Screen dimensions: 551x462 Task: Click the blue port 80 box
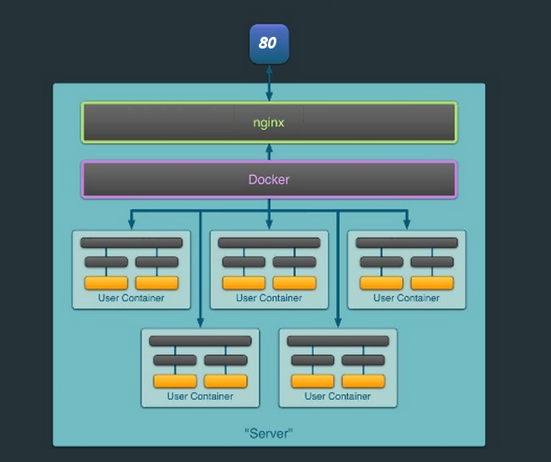pyautogui.click(x=269, y=44)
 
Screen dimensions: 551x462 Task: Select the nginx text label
pyautogui.click(x=269, y=123)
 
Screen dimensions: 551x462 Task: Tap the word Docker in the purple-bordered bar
pyautogui.click(x=269, y=180)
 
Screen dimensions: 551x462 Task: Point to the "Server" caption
pyautogui.click(x=269, y=434)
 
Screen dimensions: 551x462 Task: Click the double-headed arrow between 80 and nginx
pyautogui.click(x=269, y=83)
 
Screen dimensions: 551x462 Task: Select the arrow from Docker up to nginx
pyautogui.click(x=269, y=152)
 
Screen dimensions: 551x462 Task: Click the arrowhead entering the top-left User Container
pyautogui.click(x=131, y=225)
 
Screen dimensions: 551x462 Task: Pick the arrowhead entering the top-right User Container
pyautogui.click(x=407, y=225)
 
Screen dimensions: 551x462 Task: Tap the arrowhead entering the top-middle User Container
pyautogui.click(x=269, y=225)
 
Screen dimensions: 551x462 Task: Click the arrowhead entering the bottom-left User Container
pyautogui.click(x=200, y=323)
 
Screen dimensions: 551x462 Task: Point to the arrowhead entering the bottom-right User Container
pyautogui.click(x=338, y=323)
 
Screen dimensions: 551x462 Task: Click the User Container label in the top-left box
pyautogui.click(x=131, y=298)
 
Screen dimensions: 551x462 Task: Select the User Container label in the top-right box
pyautogui.click(x=407, y=298)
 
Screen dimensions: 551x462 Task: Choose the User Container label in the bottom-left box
pyautogui.click(x=200, y=397)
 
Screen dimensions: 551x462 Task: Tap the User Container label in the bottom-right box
pyautogui.click(x=337, y=397)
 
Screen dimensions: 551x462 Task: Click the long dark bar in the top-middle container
pyautogui.click(x=269, y=243)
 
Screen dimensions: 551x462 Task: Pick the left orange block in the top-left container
pyautogui.click(x=106, y=283)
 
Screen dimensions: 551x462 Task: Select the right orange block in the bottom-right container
pyautogui.click(x=363, y=381)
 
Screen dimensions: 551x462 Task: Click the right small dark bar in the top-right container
pyautogui.click(x=432, y=262)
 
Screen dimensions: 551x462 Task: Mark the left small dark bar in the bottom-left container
pyautogui.click(x=175, y=360)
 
